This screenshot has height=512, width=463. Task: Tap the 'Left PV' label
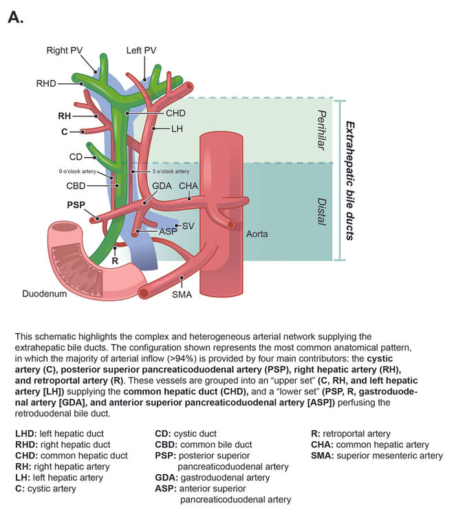[141, 50]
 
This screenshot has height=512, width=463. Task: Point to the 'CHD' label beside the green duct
[176, 112]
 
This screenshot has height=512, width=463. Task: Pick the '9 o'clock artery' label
[76, 170]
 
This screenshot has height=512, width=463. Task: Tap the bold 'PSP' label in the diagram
[76, 204]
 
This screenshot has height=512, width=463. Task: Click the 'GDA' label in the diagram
[162, 186]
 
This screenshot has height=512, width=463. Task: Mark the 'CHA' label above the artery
[189, 186]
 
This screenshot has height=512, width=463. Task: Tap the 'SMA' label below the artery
[183, 295]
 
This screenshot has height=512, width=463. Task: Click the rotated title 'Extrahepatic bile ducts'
[349, 180]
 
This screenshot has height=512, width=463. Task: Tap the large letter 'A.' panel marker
[16, 18]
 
